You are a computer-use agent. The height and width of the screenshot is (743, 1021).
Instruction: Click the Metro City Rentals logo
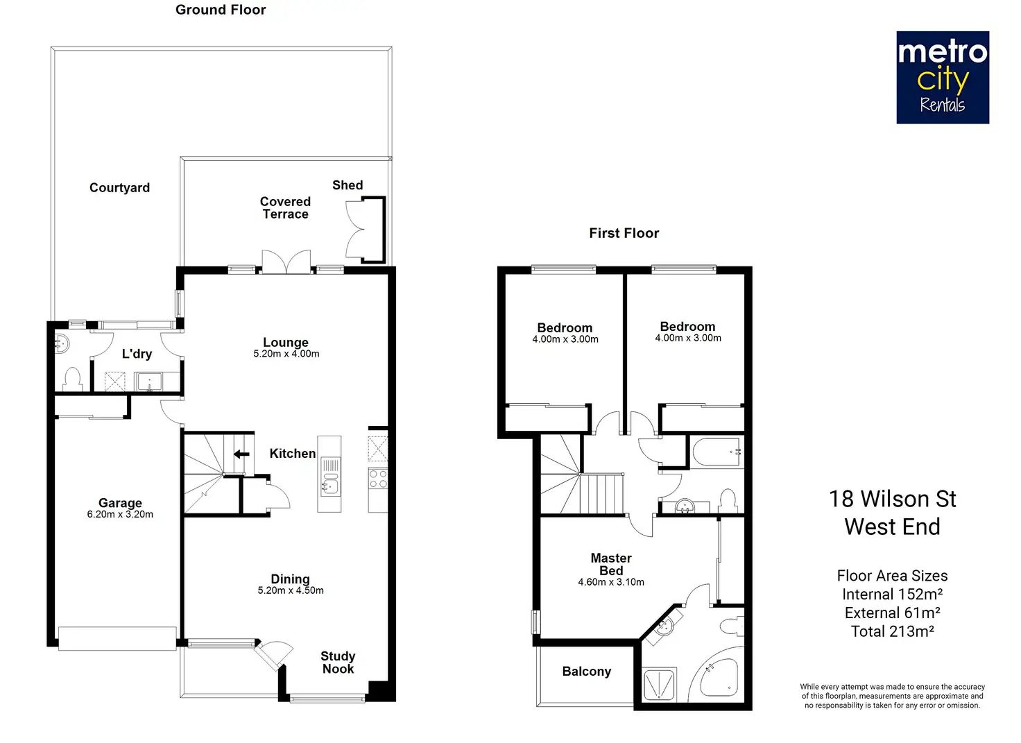point(943,78)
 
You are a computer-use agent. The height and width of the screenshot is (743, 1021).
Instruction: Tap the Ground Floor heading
point(221,10)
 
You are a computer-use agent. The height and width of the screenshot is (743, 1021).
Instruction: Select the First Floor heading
point(624,233)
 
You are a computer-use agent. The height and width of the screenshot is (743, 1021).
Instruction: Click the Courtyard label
point(119,188)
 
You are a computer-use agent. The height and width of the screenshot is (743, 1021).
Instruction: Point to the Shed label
point(348,185)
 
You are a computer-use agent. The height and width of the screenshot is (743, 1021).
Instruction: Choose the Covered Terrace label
point(285,208)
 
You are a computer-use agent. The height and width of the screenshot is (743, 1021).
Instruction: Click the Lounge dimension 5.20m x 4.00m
point(286,354)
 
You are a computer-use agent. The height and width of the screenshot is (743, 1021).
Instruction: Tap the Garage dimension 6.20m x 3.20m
point(120,515)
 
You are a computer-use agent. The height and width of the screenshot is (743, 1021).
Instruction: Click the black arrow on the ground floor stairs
point(241,454)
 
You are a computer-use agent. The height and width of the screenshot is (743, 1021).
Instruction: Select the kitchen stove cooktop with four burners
point(378,479)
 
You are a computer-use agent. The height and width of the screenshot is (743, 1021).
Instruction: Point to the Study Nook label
point(338,663)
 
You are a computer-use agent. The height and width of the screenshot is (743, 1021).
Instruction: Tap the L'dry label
point(137,355)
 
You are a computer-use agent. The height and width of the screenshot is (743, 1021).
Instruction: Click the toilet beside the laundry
point(72,379)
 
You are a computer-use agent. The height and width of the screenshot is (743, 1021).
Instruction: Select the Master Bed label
point(611,564)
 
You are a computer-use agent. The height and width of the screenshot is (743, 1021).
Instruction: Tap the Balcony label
point(587,672)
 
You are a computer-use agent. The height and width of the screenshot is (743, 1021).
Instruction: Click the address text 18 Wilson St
point(893,499)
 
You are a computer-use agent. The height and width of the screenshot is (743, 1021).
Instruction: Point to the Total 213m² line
point(893,631)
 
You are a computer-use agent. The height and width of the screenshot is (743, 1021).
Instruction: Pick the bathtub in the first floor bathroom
point(716,452)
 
